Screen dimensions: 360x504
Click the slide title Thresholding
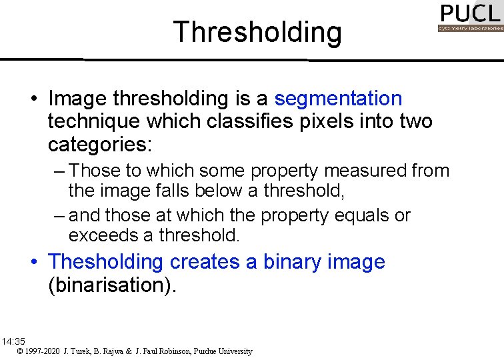coord(257,32)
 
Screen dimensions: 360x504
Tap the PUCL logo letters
coord(470,13)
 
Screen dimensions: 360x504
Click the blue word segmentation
coord(338,99)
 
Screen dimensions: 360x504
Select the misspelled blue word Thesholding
coord(105,262)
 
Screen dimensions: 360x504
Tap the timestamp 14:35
coord(13,341)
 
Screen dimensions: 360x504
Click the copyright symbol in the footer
coord(21,351)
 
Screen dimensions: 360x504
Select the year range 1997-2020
coord(43,351)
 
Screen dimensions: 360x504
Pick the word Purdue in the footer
coord(207,351)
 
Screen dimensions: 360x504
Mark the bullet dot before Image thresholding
coord(33,99)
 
